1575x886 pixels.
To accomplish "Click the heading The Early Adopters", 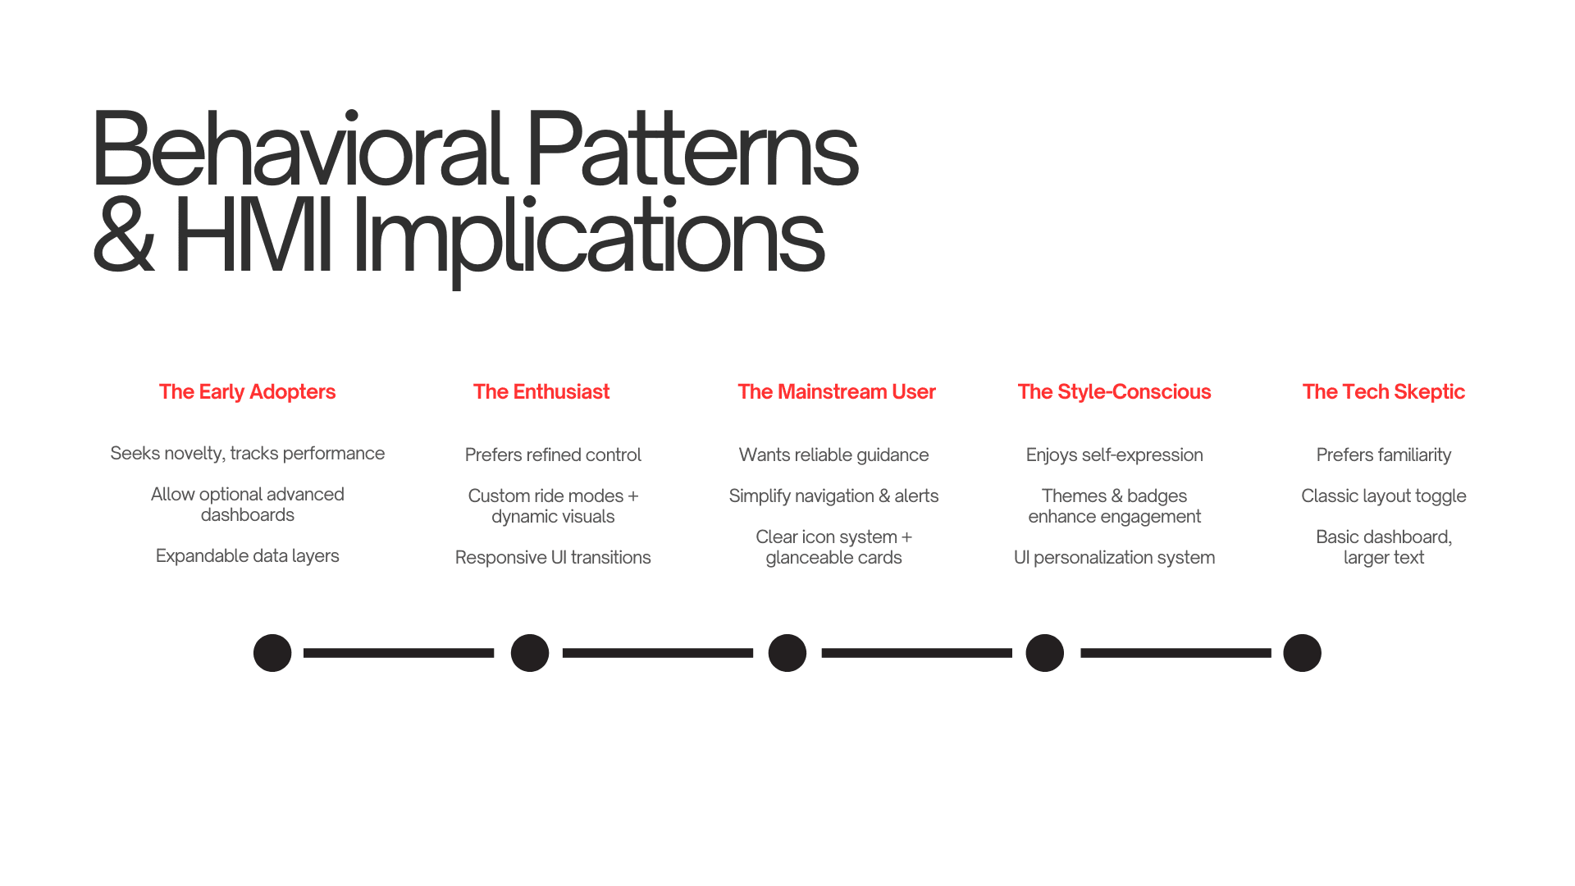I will pyautogui.click(x=247, y=392).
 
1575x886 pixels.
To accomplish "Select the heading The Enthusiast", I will pyautogui.click(x=541, y=392).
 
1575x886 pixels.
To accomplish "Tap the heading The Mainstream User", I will pyautogui.click(x=836, y=392).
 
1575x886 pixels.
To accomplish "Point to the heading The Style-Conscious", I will pyautogui.click(x=1114, y=392).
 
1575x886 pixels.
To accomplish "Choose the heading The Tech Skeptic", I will pyautogui.click(x=1383, y=392).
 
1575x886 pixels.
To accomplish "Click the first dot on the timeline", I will pyautogui.click(x=272, y=653).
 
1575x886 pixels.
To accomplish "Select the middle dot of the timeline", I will pyautogui.click(x=787, y=653).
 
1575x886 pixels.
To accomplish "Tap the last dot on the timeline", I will pyautogui.click(x=1302, y=653).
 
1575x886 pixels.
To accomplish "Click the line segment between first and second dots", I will pyautogui.click(x=399, y=653).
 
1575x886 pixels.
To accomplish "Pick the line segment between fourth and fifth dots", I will pyautogui.click(x=1176, y=653).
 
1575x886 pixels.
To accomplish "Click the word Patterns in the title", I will pyautogui.click(x=691, y=151).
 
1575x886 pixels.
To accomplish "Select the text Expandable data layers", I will pyautogui.click(x=247, y=556).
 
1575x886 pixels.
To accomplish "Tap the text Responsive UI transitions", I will pyautogui.click(x=553, y=558).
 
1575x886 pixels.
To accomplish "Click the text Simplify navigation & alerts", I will pyautogui.click(x=833, y=496).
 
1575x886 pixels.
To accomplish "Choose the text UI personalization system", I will pyautogui.click(x=1114, y=558).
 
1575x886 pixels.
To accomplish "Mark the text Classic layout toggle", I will pyautogui.click(x=1383, y=496).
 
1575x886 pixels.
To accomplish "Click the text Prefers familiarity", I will pyautogui.click(x=1383, y=455).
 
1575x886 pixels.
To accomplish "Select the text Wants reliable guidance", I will pyautogui.click(x=833, y=455).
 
